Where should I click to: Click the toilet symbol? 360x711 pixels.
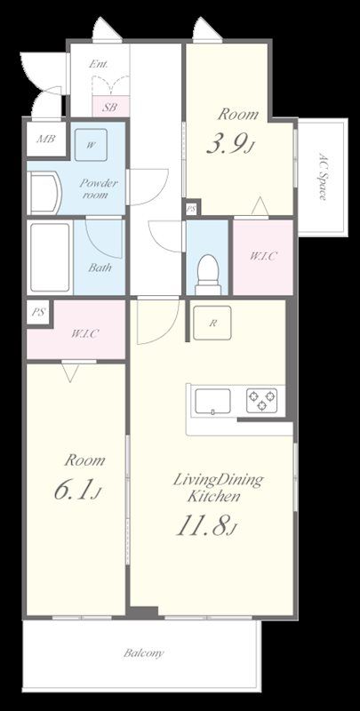tap(208, 275)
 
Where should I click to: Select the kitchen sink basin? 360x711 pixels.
tap(212, 402)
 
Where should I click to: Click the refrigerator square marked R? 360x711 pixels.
tap(212, 323)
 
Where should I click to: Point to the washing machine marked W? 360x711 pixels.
tap(92, 145)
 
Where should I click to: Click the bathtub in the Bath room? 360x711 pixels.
tap(50, 257)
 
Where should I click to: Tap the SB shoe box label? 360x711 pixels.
tap(109, 108)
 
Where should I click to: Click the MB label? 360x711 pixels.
tap(46, 139)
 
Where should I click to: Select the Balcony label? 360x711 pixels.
tap(144, 653)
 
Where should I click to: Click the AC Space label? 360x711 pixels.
tap(322, 176)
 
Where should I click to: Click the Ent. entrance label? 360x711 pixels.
tap(99, 64)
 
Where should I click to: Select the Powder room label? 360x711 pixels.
tap(99, 189)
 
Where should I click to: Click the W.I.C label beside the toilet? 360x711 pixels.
tap(263, 256)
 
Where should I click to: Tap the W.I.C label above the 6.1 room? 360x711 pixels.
tap(84, 334)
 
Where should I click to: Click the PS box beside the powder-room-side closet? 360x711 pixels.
tap(37, 313)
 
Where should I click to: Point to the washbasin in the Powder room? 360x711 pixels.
tap(44, 192)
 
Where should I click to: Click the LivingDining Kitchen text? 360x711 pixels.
tap(217, 487)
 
